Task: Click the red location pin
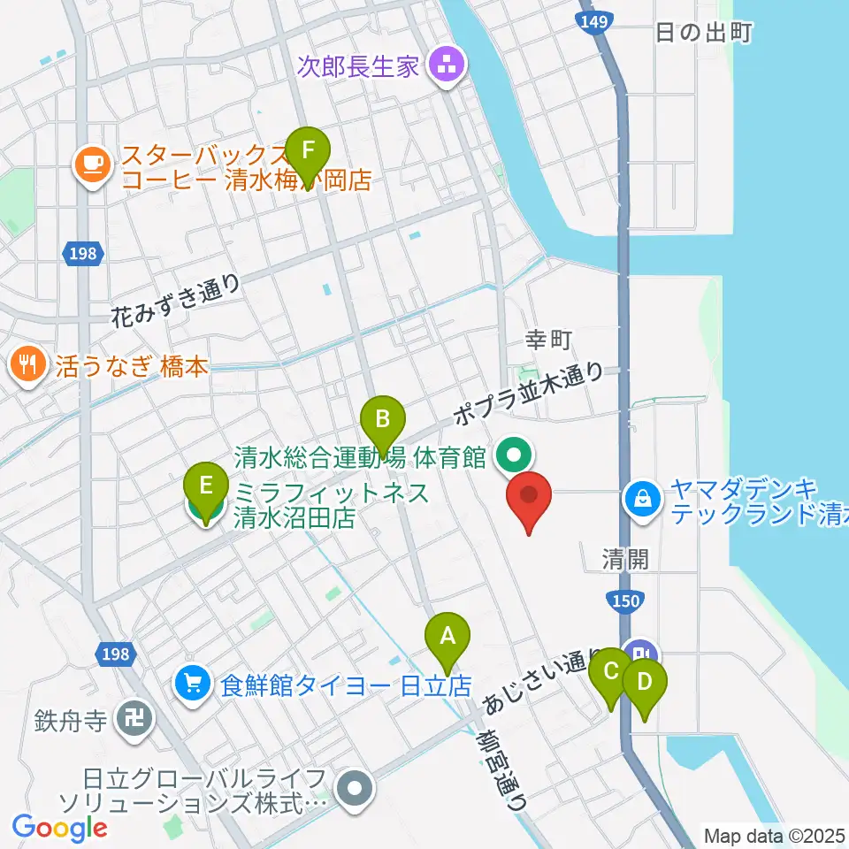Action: (x=529, y=499)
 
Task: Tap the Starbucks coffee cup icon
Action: (x=93, y=164)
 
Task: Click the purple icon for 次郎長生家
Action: (x=445, y=65)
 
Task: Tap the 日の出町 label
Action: (x=703, y=34)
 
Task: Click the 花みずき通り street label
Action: (x=177, y=302)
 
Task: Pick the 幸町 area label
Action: (x=549, y=339)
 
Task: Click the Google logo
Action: (x=60, y=827)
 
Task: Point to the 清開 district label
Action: (x=625, y=559)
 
